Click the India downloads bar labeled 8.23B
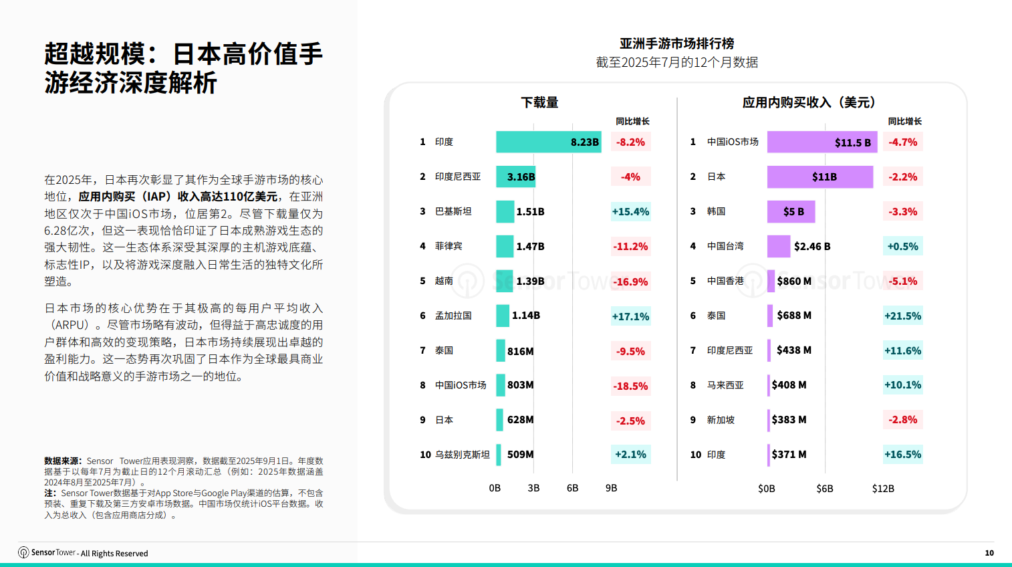point(548,142)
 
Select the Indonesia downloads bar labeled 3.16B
point(515,177)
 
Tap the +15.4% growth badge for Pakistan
point(630,212)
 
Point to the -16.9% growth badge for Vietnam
point(630,281)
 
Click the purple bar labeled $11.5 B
point(821,142)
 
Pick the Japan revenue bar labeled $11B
point(819,177)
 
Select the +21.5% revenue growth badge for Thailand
point(902,316)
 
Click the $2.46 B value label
point(812,246)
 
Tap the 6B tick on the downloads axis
point(572,488)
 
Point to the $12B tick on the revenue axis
point(882,489)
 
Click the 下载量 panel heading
point(539,102)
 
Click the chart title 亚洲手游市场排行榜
point(676,43)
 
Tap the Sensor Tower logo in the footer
point(24,552)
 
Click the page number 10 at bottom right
point(989,553)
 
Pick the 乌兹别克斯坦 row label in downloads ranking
point(462,455)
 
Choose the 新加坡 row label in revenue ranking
point(721,420)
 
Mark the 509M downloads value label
point(520,455)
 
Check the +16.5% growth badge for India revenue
point(902,455)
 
